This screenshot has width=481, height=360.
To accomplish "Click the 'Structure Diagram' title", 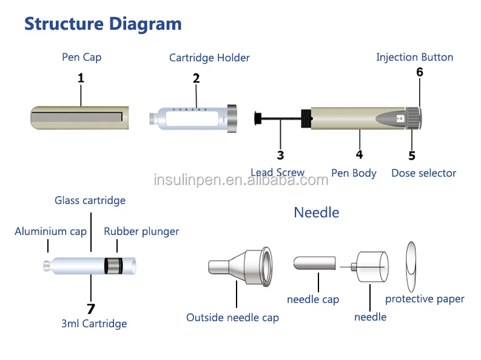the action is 103,24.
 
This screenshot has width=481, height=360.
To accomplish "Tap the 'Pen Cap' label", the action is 82,58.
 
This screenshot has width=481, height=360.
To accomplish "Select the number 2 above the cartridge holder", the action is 197,78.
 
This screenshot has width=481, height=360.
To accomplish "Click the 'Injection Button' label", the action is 415,57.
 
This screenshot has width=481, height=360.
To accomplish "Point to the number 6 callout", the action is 420,72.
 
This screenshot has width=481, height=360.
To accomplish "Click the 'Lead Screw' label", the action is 278,172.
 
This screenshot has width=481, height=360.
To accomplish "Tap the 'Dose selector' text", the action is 423,173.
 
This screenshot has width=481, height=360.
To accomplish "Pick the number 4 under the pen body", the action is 360,154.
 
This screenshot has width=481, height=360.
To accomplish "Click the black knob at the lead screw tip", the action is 258,118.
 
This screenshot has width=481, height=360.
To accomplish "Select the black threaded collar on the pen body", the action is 306,118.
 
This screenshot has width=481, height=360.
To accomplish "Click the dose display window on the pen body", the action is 400,118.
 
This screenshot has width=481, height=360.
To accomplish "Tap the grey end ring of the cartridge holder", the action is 232,118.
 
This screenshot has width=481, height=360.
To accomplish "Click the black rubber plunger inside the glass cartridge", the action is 113,266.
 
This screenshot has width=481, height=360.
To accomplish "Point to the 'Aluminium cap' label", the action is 50,231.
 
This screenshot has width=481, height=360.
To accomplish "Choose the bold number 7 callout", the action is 91,309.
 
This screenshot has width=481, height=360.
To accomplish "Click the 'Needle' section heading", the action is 317,212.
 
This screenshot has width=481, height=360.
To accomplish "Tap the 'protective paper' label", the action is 425,299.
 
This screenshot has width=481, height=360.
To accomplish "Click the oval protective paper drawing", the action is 411,267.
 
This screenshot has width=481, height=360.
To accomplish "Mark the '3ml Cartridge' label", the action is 94,324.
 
